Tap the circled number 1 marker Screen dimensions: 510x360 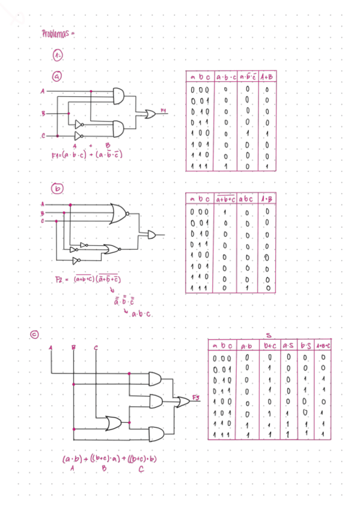tap(57, 55)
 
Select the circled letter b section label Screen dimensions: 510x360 tap(58, 189)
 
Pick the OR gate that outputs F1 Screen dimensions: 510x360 tap(145, 114)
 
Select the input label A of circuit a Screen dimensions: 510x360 tap(42, 91)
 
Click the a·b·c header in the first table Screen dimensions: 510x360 tap(225, 78)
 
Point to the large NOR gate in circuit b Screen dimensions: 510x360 tap(118, 213)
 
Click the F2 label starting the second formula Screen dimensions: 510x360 tap(59, 280)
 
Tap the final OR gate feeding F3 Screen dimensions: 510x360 tap(182, 402)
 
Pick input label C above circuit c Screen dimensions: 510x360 tap(96, 347)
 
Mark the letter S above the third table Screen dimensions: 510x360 tap(269, 335)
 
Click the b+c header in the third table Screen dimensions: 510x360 tap(270, 346)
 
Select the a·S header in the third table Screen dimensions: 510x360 tap(288, 346)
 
